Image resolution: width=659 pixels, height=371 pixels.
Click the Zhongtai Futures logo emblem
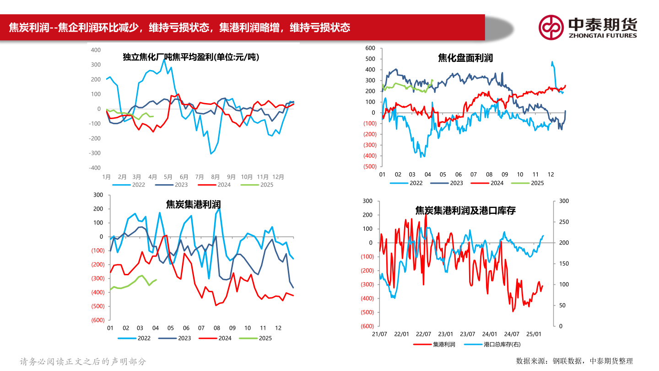click(551, 27)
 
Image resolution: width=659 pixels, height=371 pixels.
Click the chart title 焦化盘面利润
click(465, 58)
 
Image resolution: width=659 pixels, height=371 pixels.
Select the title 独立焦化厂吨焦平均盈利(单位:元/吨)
click(190, 57)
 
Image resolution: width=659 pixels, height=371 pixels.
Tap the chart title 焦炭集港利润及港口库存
click(465, 210)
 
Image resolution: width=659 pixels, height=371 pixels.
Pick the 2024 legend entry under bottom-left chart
click(225, 338)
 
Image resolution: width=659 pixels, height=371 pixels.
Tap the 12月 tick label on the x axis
click(278, 177)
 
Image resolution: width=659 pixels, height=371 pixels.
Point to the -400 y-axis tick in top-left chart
click(95, 168)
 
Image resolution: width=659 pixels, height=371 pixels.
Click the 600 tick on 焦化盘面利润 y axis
click(370, 48)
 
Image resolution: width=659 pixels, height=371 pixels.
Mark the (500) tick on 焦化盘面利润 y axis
click(369, 166)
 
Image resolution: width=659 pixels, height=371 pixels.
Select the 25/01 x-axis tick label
click(534, 334)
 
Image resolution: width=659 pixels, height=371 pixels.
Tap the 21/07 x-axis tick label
click(379, 334)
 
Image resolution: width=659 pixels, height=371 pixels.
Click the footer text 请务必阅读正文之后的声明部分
click(83, 361)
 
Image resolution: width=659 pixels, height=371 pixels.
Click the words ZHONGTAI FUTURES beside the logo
click(602, 35)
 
